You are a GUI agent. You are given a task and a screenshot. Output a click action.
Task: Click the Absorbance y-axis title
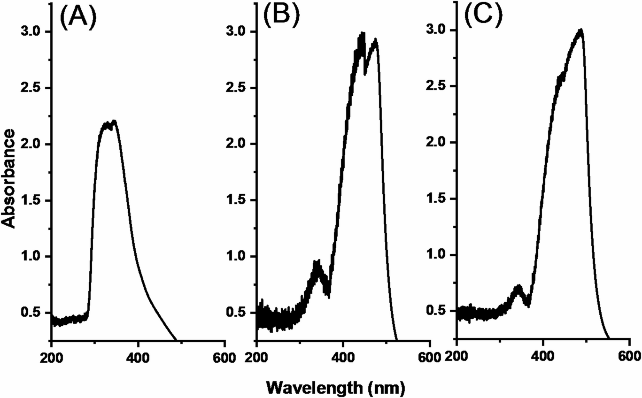click(x=10, y=178)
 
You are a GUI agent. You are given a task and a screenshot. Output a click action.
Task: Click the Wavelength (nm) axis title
click(x=334, y=388)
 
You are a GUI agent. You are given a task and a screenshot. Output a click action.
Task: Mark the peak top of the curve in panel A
click(x=114, y=121)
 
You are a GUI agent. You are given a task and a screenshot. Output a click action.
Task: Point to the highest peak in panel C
click(x=581, y=30)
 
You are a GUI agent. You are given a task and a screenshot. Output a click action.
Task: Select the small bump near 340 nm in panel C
click(x=518, y=287)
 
